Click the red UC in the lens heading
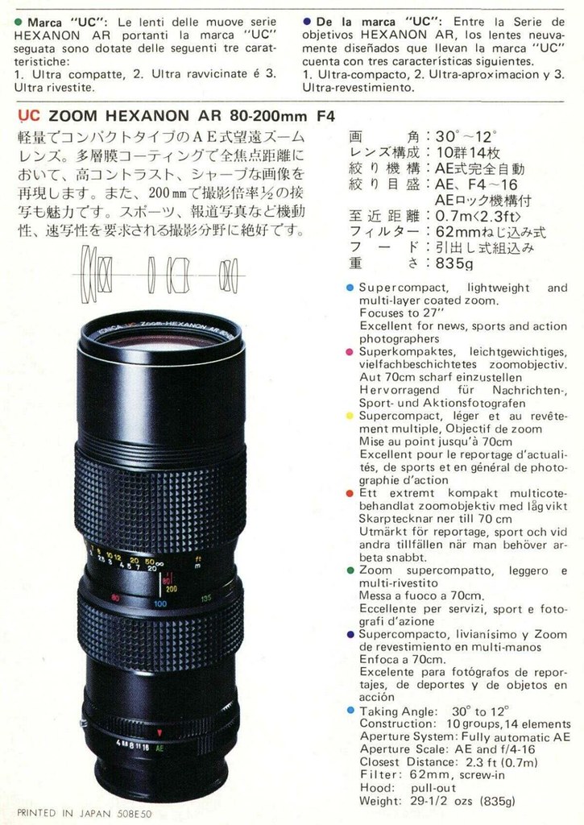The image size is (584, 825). (x=28, y=116)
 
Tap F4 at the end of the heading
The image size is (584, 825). (x=326, y=116)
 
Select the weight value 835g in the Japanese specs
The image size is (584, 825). (x=454, y=263)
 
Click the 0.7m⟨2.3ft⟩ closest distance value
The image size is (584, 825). (x=478, y=216)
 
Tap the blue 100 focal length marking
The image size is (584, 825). (x=160, y=603)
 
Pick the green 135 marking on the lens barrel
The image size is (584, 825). (x=205, y=599)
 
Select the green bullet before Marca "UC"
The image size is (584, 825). (x=19, y=22)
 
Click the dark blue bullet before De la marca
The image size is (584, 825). (x=307, y=22)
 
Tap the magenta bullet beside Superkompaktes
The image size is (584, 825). (x=350, y=351)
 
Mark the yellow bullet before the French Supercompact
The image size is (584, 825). (x=350, y=417)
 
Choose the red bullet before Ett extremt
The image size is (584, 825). (x=350, y=494)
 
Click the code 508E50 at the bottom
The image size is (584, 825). (x=134, y=814)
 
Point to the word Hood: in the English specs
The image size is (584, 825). (x=377, y=788)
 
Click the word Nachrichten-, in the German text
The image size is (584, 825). (x=529, y=391)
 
